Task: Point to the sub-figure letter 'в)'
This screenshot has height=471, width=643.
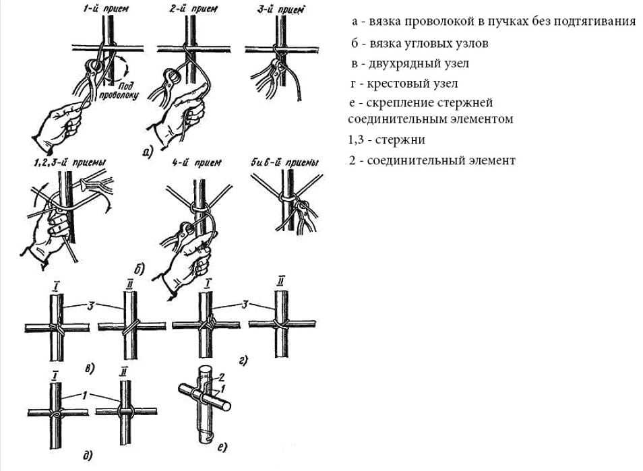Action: (x=89, y=368)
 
